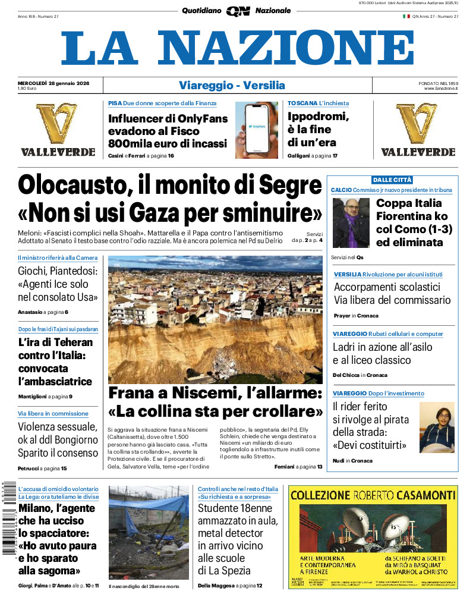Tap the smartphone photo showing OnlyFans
[256, 130]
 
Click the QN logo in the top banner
[238, 11]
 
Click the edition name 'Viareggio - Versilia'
[232, 86]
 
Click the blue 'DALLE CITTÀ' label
[392, 180]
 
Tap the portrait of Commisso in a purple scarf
[351, 222]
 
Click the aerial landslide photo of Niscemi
[215, 319]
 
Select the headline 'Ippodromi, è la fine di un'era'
[319, 129]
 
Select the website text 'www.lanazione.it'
[441, 89]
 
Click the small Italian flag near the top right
[406, 16]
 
